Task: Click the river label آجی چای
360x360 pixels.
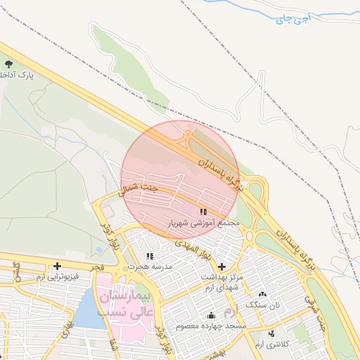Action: tap(291, 20)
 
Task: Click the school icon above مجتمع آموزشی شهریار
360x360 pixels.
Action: tap(203, 212)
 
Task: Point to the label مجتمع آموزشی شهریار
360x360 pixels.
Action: tap(203, 222)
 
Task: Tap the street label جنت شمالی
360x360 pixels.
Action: tap(139, 188)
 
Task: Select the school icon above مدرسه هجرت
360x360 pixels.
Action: tap(149, 257)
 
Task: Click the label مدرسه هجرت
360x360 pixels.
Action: tap(148, 267)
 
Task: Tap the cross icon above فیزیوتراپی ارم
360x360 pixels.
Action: tap(56, 265)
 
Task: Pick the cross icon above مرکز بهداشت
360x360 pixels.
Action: tap(222, 267)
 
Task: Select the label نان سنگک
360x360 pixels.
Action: tap(262, 304)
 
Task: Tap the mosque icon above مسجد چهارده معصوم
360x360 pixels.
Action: tap(211, 314)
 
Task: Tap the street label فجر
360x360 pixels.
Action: tap(98, 267)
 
